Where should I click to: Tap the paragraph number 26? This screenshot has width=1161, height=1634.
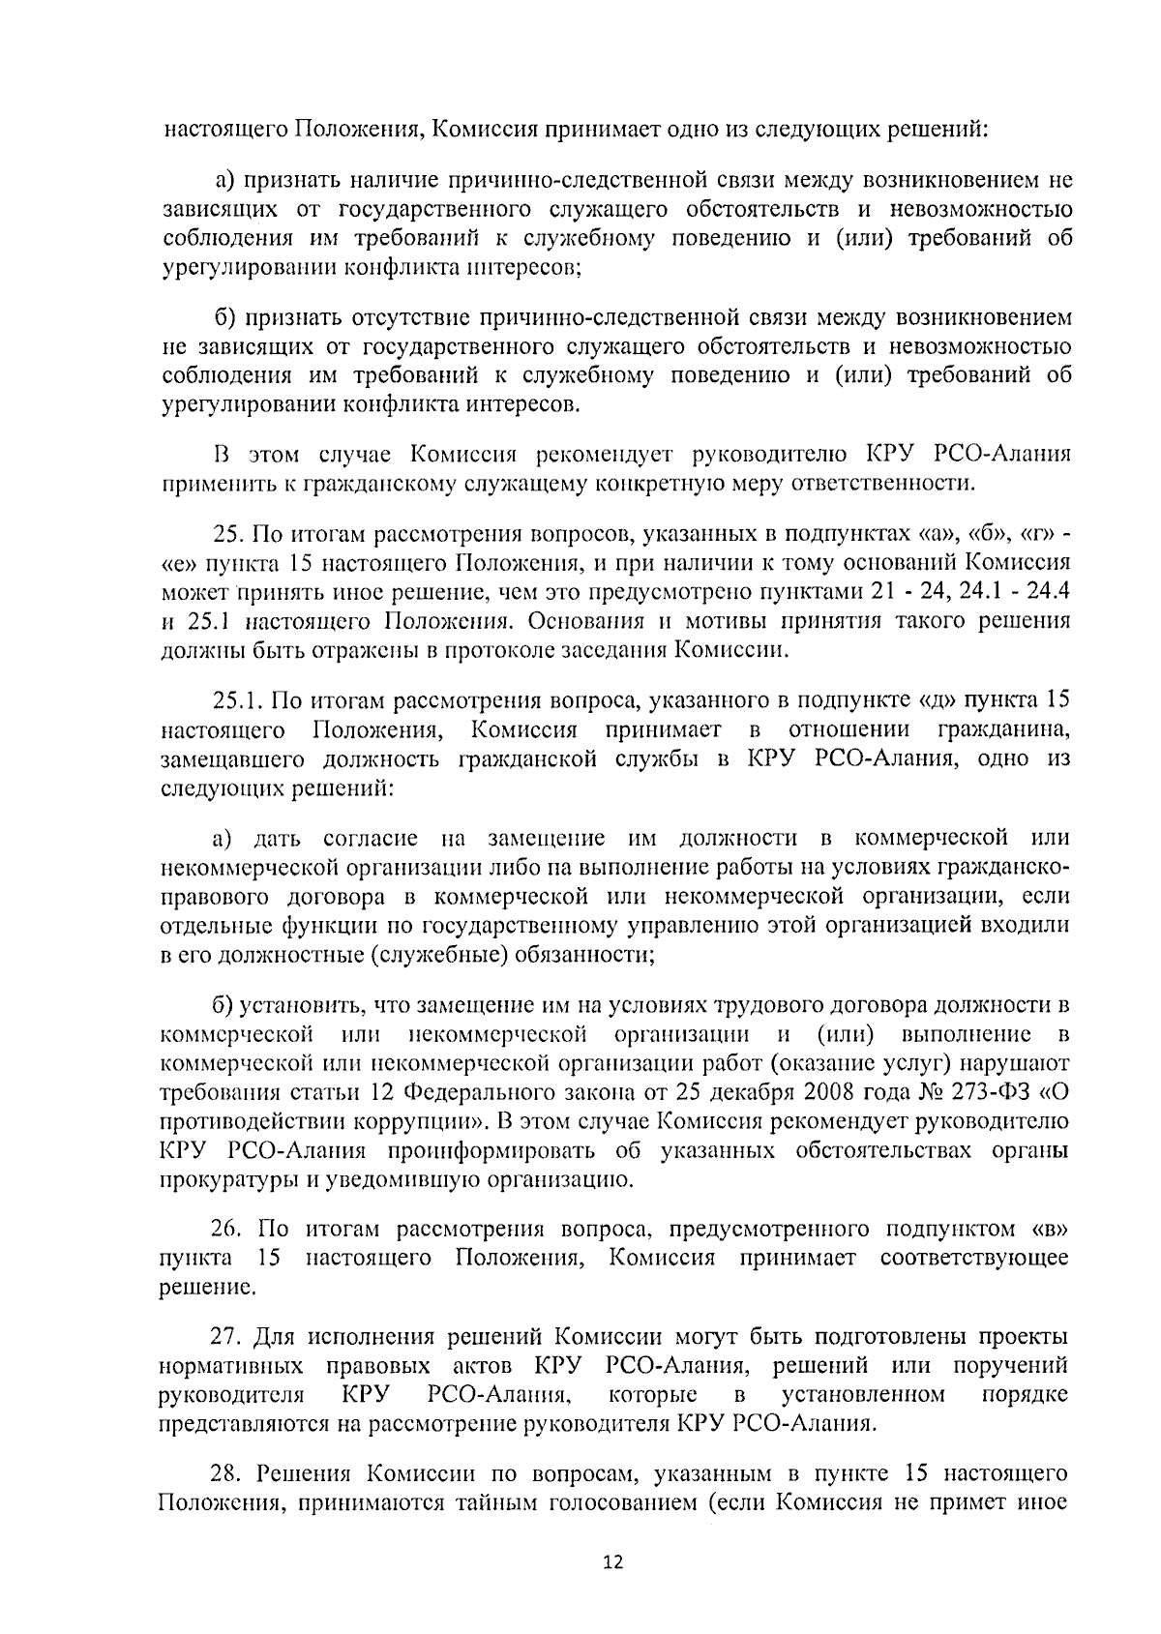[x=228, y=1230]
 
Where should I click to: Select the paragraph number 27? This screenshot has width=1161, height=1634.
[x=228, y=1338]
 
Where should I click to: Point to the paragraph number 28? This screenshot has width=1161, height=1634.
[x=228, y=1473]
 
